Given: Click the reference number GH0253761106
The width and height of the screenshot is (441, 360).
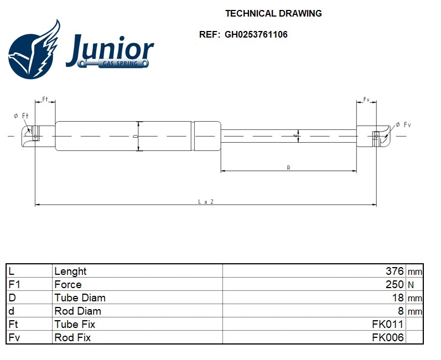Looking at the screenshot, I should tap(256, 34).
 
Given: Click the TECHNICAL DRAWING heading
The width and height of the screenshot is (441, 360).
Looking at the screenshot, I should tap(273, 13).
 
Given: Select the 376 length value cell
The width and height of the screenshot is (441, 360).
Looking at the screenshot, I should tap(395, 271).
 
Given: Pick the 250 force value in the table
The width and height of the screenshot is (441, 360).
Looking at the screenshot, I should tap(395, 284).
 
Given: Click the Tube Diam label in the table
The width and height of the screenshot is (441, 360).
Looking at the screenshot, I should tap(80, 298).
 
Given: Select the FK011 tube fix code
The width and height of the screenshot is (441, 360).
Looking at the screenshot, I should tap(387, 324).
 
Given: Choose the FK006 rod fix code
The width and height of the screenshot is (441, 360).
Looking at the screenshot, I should tap(387, 337).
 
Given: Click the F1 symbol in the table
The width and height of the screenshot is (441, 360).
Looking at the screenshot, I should tap(14, 284).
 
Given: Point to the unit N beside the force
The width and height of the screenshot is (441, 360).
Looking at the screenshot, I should tap(411, 284).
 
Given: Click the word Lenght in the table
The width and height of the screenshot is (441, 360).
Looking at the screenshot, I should tap(70, 271).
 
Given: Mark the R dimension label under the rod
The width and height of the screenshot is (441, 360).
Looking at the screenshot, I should tap(289, 168).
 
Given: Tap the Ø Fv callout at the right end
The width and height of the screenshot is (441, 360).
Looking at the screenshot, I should tap(403, 125).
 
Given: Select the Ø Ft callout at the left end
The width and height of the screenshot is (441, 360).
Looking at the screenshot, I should tap(21, 116).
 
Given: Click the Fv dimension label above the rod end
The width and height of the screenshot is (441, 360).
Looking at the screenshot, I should tap(366, 100).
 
